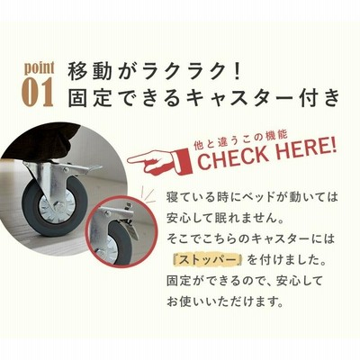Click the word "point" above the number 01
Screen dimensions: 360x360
pyautogui.click(x=40, y=68)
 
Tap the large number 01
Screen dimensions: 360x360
pyautogui.click(x=39, y=93)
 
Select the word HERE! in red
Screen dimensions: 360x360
pyautogui.click(x=304, y=148)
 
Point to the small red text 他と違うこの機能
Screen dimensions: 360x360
pyautogui.click(x=239, y=141)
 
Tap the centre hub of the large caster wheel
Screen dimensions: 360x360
pyautogui.click(x=57, y=207)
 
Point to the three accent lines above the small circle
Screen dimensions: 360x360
pyautogui.click(x=147, y=191)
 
